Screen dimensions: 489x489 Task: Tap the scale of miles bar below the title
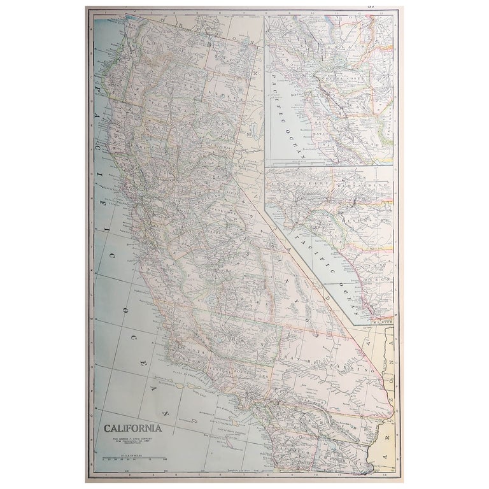[132, 457]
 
